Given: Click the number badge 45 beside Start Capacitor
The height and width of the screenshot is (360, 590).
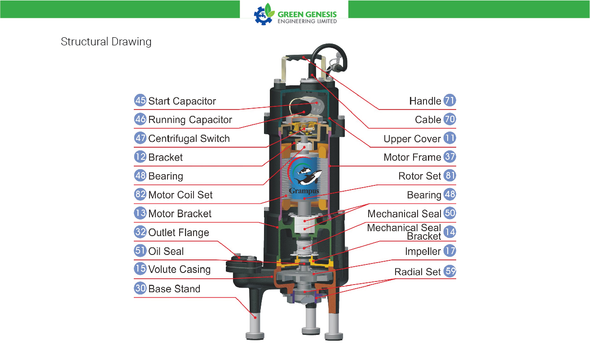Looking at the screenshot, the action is pos(140,101).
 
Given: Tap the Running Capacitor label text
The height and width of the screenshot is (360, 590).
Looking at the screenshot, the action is pos(190,120).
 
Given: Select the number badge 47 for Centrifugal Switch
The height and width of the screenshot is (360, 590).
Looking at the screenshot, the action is pos(140,138).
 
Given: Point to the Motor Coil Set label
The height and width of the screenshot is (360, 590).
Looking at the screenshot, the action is pos(181,195).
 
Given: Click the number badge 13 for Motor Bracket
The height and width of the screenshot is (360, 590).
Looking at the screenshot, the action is pos(140,213).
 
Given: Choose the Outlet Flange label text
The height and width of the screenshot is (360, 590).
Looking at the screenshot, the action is pos(179,233).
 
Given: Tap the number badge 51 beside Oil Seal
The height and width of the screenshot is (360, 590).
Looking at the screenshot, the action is pos(140,250).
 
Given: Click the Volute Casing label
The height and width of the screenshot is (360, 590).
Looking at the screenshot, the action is pos(179,269).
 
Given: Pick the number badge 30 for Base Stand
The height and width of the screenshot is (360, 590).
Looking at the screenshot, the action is pos(140,288).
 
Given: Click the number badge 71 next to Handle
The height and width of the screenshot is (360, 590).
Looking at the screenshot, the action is pos(449,101).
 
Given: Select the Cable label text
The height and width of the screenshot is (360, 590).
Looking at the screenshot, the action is pos(428,119).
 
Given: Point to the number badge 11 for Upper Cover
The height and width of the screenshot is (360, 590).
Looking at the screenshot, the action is pos(449,138).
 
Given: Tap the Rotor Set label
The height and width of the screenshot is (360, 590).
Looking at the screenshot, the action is pos(419,176).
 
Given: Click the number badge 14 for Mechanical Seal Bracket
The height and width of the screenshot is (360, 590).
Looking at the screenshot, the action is pos(449,232).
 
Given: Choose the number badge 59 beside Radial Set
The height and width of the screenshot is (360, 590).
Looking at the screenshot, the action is pos(449,271).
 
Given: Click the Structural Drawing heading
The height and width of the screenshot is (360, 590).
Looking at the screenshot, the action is pos(106,42).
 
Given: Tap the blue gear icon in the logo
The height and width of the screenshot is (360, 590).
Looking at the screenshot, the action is pos(263,16).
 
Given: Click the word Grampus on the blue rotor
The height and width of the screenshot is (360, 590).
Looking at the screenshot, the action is pos(304,191).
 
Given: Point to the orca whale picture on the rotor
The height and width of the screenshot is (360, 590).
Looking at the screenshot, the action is pos(308,176).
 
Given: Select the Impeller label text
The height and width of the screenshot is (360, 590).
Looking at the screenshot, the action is pos(423,251).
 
